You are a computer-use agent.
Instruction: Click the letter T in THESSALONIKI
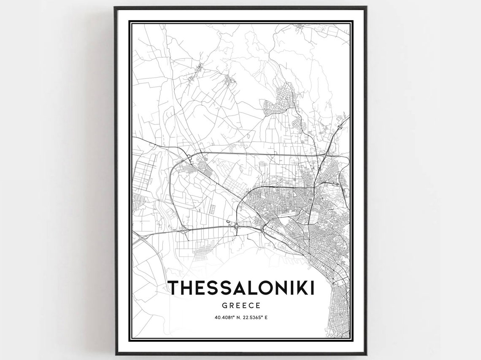174,288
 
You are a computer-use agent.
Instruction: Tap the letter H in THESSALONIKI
188,288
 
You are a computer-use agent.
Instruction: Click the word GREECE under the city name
241,304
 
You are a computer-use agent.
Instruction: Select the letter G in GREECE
224,304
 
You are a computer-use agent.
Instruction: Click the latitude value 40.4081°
221,317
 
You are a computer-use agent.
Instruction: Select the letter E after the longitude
267,317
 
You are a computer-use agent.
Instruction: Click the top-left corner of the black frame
115,8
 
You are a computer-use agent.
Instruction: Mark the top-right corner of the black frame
366,8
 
